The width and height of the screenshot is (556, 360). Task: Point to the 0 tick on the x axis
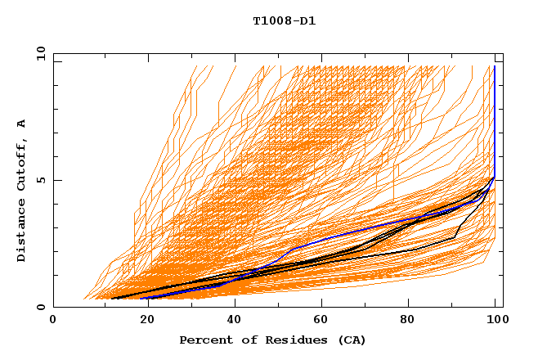pos(54,321)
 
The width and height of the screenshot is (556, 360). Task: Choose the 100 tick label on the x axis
pos(496,321)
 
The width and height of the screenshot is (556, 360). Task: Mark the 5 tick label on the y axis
pos(41,180)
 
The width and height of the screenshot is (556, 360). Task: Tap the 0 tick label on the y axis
pos(41,307)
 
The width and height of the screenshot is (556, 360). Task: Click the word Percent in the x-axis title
pos(204,340)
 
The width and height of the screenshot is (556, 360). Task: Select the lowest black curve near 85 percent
pos(430,245)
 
